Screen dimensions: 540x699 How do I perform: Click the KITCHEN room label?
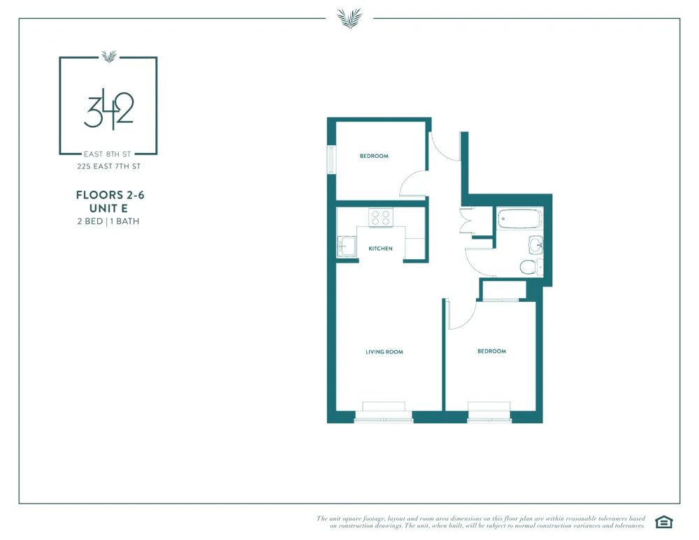click(x=380, y=249)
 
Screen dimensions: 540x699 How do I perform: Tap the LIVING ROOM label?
click(x=384, y=352)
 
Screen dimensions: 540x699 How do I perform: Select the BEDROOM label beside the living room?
click(x=491, y=351)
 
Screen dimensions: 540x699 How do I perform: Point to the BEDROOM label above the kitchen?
click(x=374, y=156)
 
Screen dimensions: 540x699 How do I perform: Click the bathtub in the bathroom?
click(x=520, y=220)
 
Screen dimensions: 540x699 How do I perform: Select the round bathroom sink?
click(x=535, y=245)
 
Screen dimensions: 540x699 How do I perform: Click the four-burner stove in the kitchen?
click(x=380, y=218)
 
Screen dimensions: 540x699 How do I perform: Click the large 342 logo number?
click(x=108, y=108)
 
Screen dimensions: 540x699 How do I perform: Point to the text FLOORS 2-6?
click(x=110, y=196)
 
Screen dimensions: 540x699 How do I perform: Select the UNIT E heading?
click(x=109, y=208)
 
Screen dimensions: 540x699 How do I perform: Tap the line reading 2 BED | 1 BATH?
click(x=109, y=221)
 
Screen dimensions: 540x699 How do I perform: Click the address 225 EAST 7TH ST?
click(x=109, y=166)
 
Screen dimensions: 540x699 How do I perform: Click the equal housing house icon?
click(x=663, y=522)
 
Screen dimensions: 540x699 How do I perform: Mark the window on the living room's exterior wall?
click(x=384, y=418)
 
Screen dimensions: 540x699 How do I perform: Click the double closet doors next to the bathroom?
click(x=468, y=221)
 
